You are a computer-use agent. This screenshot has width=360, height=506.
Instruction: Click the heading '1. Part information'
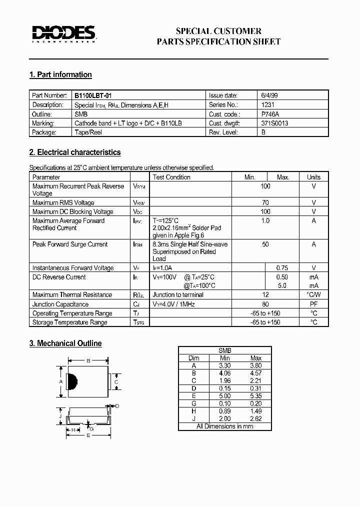coord(60,74)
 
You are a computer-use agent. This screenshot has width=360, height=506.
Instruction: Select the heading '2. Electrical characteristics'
coord(75,152)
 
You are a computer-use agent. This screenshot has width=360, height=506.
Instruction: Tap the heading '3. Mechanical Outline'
coord(65,343)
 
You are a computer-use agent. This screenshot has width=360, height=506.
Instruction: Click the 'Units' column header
coord(313,177)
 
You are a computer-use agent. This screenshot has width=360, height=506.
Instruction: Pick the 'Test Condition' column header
coord(171,177)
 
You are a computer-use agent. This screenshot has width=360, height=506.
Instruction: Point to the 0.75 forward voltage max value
coord(282,268)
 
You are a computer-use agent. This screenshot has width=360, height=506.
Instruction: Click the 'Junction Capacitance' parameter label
coord(60,304)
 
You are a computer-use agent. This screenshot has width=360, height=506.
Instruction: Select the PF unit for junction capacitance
coord(313,304)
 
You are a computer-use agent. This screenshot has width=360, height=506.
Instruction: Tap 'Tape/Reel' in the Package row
coord(89,132)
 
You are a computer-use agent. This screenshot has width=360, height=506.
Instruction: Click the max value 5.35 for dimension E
coord(255,396)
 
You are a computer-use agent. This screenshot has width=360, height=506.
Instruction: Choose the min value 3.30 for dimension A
coord(224,365)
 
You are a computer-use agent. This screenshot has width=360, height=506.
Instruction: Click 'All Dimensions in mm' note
coord(224,426)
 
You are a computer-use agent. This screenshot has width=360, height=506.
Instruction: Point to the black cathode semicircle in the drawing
coord(71,382)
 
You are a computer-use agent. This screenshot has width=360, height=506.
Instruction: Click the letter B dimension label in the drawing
coord(88,360)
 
